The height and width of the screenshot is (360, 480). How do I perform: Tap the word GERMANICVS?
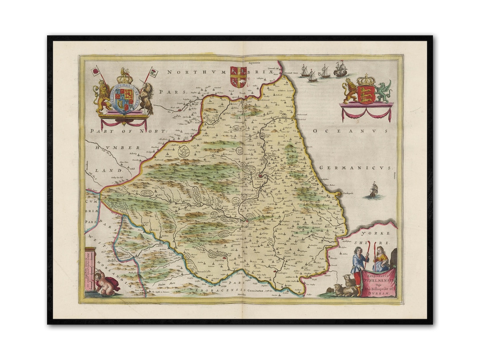click(x=356, y=168)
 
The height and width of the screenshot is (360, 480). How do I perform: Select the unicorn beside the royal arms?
click(x=147, y=98)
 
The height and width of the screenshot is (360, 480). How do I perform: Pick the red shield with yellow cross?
click(x=238, y=76)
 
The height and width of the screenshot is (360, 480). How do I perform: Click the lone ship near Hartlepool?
click(x=373, y=191)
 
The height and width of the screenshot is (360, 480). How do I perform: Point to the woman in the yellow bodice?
click(x=381, y=260)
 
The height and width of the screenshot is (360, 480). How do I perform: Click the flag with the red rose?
click(x=95, y=70)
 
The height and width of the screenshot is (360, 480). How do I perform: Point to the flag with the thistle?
click(x=153, y=72)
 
